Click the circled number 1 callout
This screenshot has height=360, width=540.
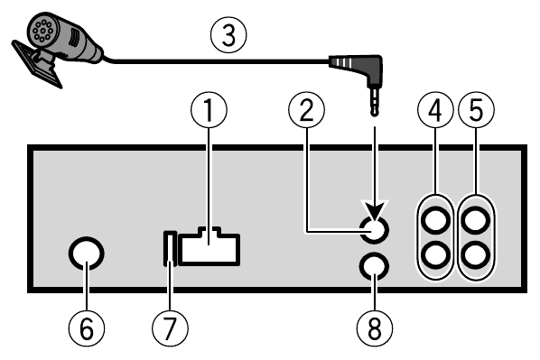point(209,113)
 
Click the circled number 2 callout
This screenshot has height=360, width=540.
point(305,113)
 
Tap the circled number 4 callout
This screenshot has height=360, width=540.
point(436,113)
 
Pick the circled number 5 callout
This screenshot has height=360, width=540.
point(477,113)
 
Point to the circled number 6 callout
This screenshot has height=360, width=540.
point(86,330)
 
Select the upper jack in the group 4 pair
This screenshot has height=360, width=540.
point(436,219)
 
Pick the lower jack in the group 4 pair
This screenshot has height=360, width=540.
point(436,254)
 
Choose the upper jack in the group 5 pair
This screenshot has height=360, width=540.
point(477,219)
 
